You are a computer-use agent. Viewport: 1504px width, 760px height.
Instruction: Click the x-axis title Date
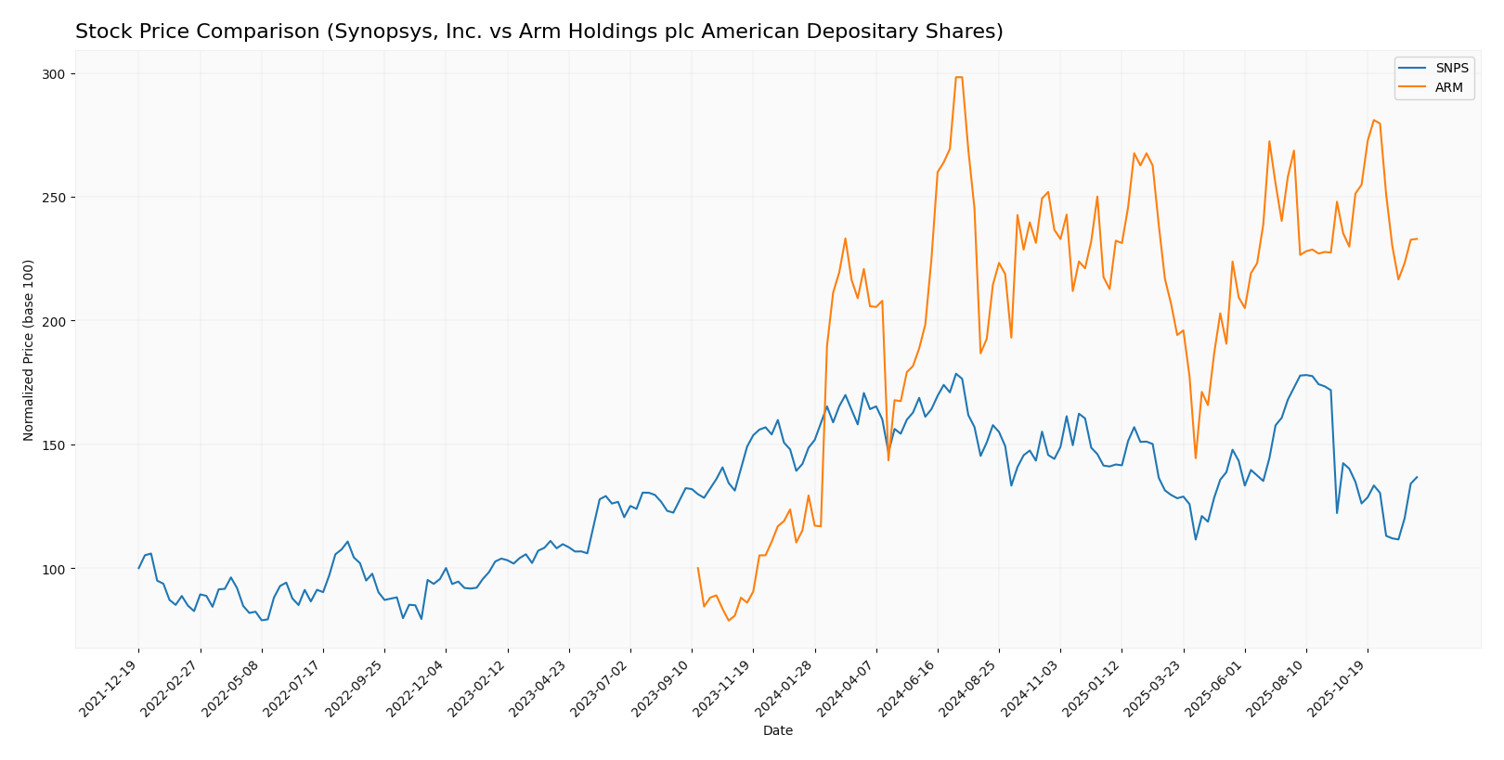(x=778, y=731)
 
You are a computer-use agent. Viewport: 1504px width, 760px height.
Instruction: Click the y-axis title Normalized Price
(x=29, y=350)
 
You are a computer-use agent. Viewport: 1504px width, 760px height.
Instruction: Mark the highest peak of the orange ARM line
(x=959, y=77)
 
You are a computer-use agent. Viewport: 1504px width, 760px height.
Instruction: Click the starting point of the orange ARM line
(x=697, y=568)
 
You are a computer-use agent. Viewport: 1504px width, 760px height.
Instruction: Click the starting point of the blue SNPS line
(x=139, y=568)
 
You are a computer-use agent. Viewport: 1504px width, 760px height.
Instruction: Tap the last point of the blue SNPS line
(x=1417, y=477)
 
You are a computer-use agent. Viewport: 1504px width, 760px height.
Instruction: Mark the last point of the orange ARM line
(x=1417, y=239)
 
